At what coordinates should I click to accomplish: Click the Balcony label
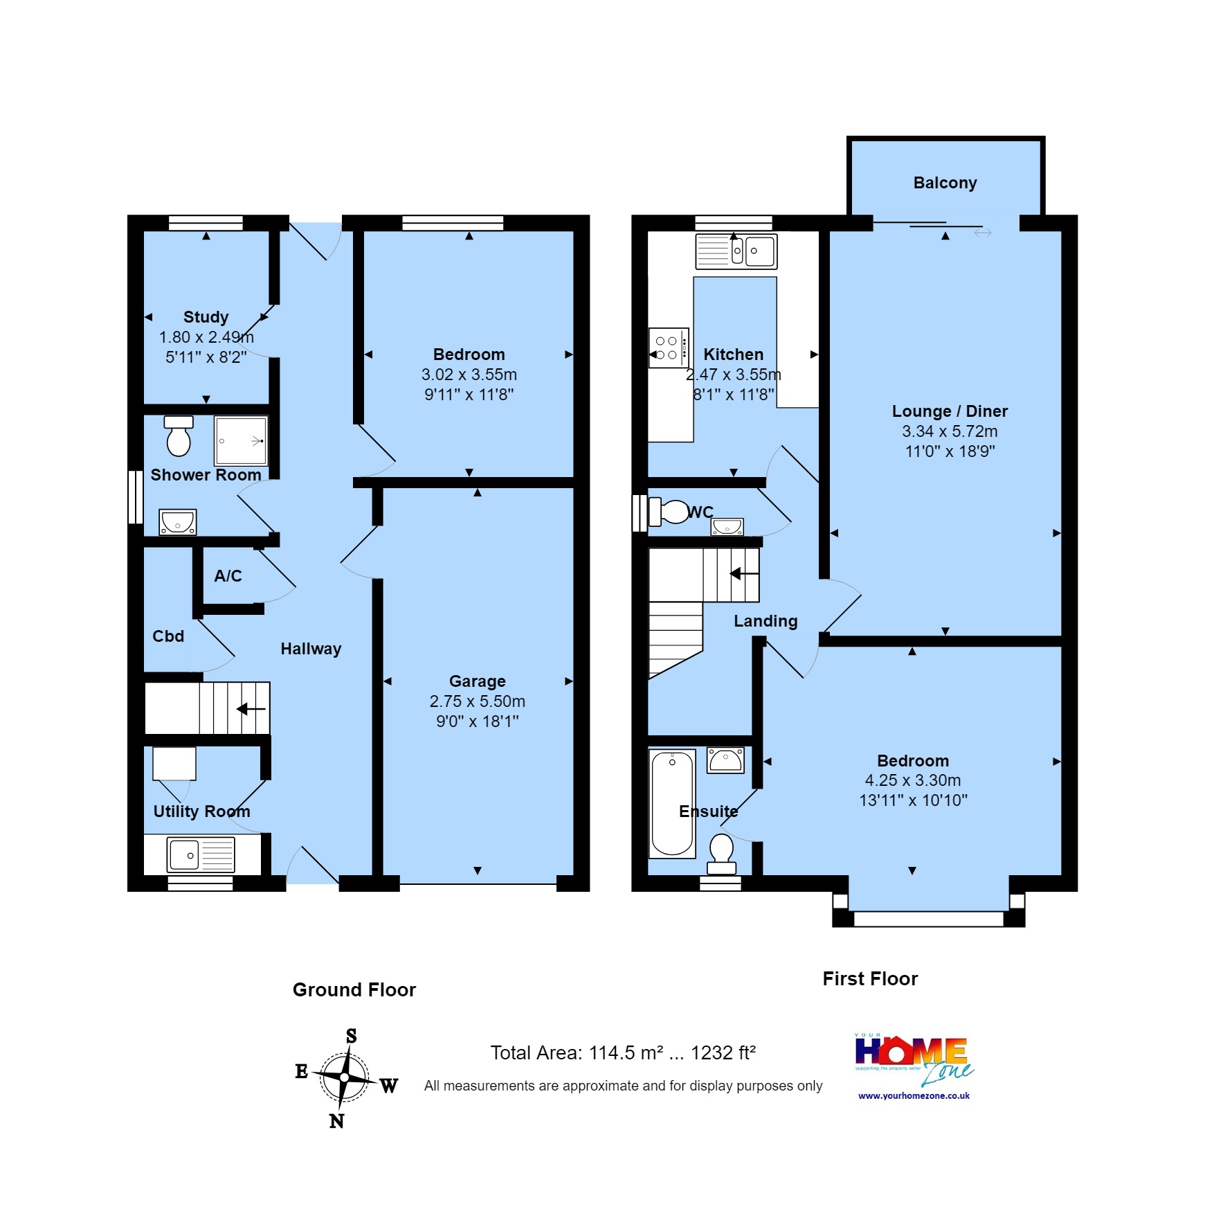945,183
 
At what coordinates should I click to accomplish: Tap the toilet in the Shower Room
179,437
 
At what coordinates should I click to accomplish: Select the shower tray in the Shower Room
240,440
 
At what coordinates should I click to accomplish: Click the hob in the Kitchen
669,348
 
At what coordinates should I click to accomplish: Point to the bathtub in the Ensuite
672,803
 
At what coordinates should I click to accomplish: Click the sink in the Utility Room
201,854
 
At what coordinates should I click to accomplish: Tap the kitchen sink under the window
736,251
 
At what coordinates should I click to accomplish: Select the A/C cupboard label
228,576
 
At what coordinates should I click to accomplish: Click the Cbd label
168,636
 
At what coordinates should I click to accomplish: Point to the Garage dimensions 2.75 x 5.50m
477,701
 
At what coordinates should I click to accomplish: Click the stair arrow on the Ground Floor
251,709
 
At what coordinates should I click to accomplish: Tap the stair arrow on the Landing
744,574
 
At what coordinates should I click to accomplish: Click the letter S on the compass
351,1036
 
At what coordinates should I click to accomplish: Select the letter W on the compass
389,1086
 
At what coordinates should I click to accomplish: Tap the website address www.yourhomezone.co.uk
914,1096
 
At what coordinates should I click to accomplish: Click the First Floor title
870,978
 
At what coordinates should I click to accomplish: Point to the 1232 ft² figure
723,1053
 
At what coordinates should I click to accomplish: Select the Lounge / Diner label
950,411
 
